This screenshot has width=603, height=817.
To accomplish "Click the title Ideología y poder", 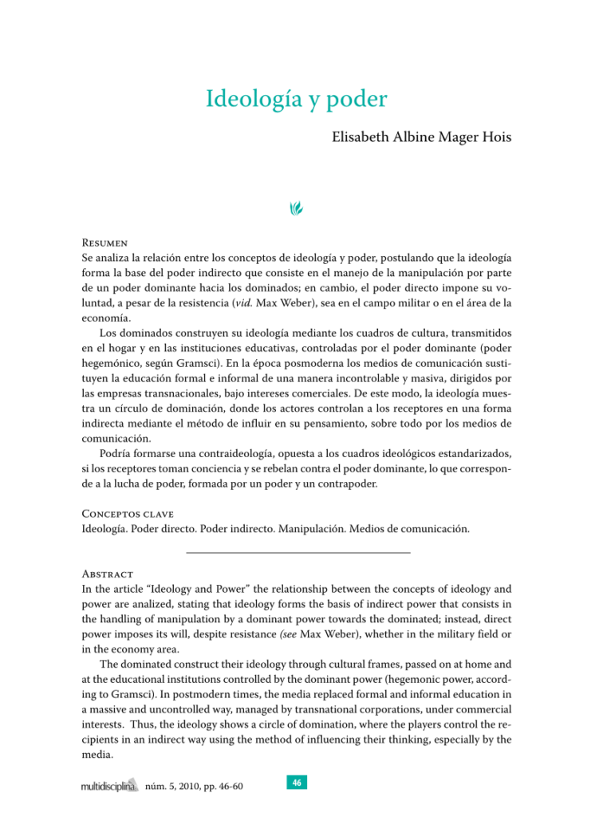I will [x=296, y=101].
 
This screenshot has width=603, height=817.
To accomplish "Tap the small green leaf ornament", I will [x=296, y=209].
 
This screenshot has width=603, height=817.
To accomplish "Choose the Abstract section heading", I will [x=108, y=574].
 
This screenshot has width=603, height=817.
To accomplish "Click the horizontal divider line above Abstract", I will [x=298, y=552].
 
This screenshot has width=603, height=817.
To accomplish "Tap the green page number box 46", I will [x=296, y=783].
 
